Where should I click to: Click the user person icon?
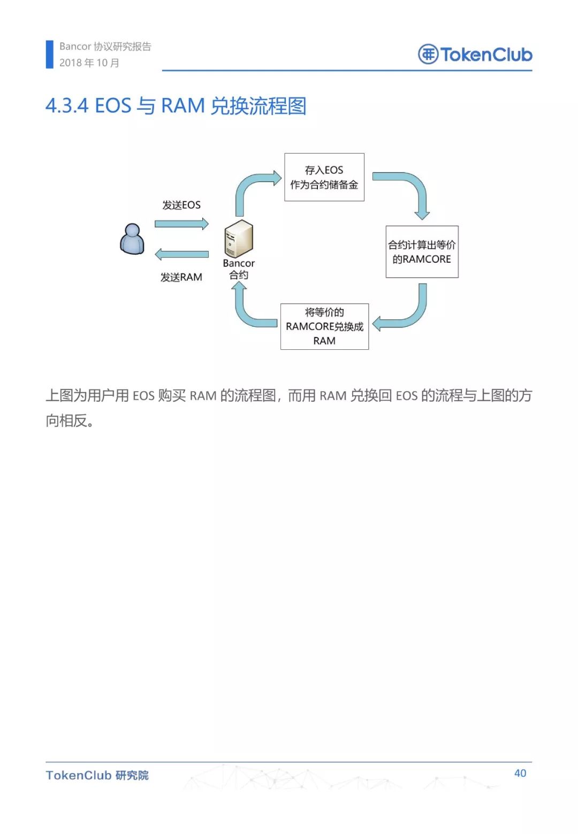click(132, 239)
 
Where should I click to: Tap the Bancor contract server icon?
click(239, 239)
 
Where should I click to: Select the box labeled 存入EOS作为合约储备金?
click(324, 177)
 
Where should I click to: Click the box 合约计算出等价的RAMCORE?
click(422, 251)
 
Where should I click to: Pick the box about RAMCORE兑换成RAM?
click(324, 326)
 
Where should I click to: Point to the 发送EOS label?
click(181, 205)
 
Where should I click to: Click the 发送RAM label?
click(181, 277)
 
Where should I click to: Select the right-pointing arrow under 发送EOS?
click(182, 224)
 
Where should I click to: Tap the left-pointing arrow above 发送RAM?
click(182, 254)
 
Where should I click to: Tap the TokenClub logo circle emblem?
click(428, 55)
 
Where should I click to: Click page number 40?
click(520, 773)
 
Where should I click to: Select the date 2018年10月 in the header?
click(89, 63)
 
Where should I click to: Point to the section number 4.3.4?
click(67, 105)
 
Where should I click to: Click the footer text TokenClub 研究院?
click(97, 775)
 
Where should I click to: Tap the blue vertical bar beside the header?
click(50, 55)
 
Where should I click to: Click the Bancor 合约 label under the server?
click(239, 269)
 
